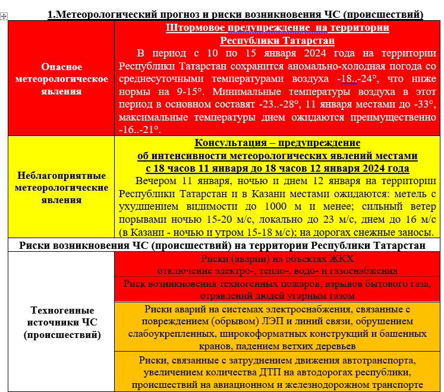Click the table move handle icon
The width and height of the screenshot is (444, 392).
(x=4, y=16)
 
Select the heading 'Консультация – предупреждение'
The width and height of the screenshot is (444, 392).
(x=277, y=143)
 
